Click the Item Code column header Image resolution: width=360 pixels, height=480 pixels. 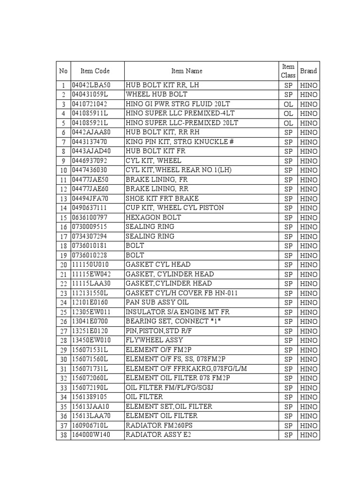tap(95, 71)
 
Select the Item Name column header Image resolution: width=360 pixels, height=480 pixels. tap(187, 71)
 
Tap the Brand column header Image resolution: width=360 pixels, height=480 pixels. tap(308, 71)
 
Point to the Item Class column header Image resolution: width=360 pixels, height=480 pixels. tap(288, 71)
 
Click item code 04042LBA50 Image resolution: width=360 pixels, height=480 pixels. tap(91, 85)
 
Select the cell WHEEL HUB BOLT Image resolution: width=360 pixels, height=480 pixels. tap(156, 95)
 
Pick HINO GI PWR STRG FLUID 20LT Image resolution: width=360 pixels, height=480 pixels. tap(178, 104)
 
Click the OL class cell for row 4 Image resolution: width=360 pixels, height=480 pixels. tap(288, 113)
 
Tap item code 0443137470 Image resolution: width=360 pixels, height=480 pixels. tap(90, 142)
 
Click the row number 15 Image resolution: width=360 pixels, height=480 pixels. tap(63, 217)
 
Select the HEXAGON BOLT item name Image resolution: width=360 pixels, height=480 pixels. tap(153, 217)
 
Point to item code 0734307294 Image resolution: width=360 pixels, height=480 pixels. tap(90, 236)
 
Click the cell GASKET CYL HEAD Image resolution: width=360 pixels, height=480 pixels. tap(158, 264)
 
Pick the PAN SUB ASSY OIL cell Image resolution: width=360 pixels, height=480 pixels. tap(157, 302)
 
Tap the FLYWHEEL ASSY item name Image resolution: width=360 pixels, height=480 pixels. tap(154, 340)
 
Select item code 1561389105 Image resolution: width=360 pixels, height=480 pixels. tap(90, 397)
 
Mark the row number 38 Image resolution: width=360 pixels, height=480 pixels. tap(63, 435)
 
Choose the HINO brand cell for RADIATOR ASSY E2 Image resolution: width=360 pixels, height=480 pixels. tap(308, 435)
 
